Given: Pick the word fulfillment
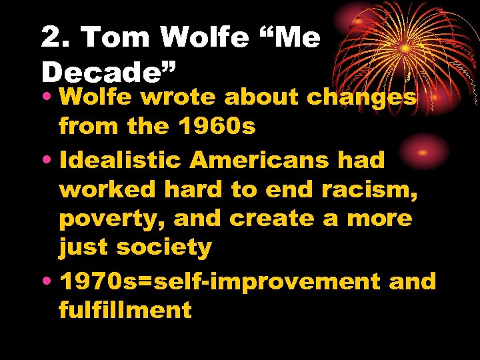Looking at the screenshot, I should click(125, 309).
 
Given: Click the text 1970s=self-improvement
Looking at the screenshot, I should click(219, 281).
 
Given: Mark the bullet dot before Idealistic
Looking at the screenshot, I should click(49, 161).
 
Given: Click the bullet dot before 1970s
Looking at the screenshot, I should click(49, 281).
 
